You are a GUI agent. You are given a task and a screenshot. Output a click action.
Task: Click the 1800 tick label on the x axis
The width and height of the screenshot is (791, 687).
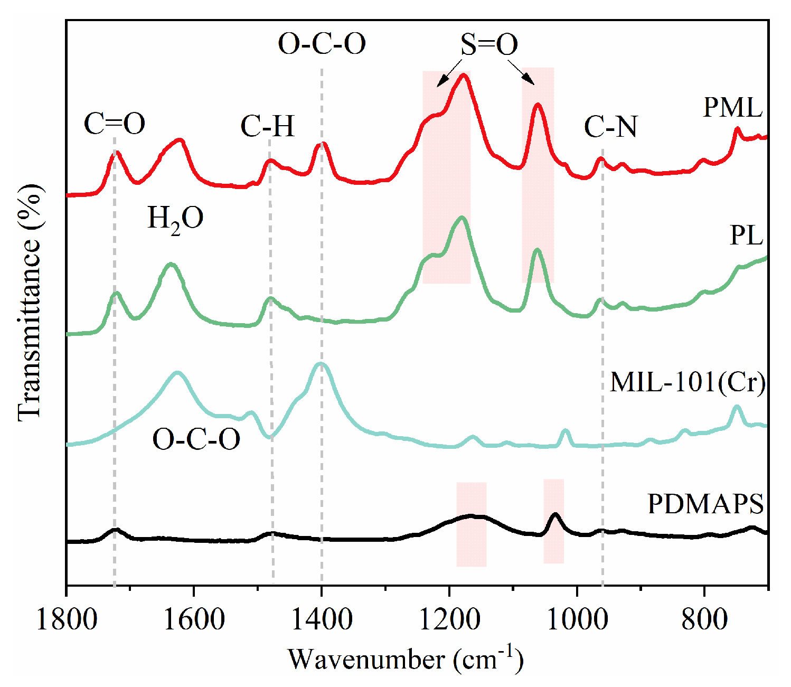pos(67,619)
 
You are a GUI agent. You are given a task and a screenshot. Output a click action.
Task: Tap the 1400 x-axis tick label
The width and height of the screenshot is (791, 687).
pos(322,619)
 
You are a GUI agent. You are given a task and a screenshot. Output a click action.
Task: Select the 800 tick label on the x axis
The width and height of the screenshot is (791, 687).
pos(704,619)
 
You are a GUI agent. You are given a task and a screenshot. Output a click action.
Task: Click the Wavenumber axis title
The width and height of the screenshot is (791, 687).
pos(405,659)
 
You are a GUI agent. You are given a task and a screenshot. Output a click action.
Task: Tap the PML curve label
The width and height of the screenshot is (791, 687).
pos(733,108)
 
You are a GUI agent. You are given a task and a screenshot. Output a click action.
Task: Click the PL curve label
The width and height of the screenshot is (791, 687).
pos(746,235)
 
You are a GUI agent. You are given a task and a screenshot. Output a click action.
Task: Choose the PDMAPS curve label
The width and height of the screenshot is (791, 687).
pos(705,504)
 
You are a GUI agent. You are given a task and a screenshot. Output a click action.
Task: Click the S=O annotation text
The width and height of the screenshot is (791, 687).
pos(488,45)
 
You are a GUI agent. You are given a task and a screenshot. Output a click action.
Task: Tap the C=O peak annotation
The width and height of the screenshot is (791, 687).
pos(115,125)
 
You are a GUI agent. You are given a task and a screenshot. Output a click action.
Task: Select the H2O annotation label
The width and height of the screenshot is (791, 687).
pos(175,218)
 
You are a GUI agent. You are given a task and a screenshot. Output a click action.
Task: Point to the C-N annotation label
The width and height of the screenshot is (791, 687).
pos(610,127)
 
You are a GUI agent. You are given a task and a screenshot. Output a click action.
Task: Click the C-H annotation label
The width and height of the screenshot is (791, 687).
pos(267,126)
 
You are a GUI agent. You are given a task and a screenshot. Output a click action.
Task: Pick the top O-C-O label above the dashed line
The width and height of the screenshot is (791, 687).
pos(322,44)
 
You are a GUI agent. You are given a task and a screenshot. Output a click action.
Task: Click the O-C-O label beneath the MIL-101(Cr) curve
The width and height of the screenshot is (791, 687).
pos(196,439)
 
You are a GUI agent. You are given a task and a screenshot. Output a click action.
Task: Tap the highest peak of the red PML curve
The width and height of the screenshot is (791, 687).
pos(464,75)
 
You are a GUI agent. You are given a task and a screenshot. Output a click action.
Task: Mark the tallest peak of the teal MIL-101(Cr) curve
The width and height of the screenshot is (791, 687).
pos(320,363)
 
